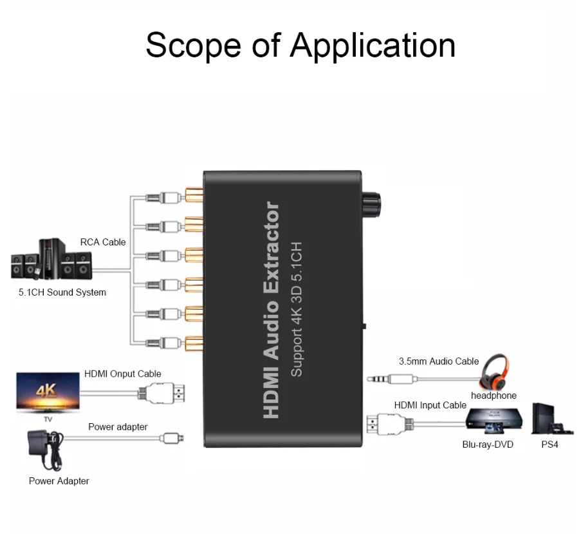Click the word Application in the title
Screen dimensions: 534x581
click(373, 46)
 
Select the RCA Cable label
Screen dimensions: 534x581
click(103, 242)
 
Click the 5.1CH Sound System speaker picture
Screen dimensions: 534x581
click(51, 261)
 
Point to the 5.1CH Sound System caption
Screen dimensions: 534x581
click(62, 292)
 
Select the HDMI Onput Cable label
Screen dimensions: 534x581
click(123, 374)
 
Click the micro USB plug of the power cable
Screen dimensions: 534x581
click(172, 438)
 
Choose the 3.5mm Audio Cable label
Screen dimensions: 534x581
click(439, 361)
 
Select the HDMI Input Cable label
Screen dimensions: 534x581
click(430, 405)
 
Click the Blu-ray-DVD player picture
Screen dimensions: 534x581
click(494, 421)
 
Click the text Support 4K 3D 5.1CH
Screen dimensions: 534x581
click(297, 309)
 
